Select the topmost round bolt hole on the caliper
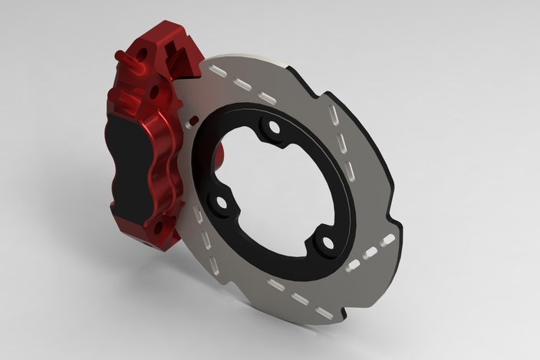142,52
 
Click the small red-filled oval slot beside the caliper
192,122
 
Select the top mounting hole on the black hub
270,128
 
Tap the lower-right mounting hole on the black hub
327,244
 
